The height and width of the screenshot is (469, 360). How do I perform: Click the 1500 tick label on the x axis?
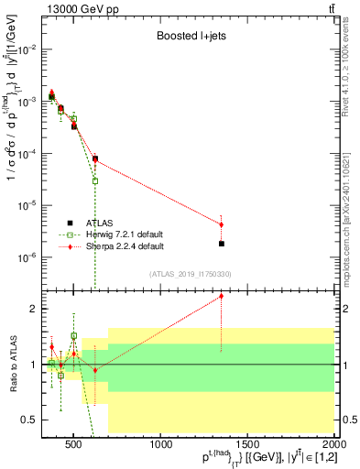click(247, 446)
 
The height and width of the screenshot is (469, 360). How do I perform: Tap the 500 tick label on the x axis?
click(75, 446)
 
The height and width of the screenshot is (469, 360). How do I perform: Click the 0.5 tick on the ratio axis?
click(35, 420)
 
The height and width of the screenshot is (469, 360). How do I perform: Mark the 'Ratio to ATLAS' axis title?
click(12, 365)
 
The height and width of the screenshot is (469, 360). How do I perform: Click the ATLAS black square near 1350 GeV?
click(222, 244)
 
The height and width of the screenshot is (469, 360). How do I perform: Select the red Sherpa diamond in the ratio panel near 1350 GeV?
click(222, 296)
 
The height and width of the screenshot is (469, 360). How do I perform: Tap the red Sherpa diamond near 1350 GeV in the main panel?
click(222, 224)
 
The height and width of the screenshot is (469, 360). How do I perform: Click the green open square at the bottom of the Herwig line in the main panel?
click(95, 180)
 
